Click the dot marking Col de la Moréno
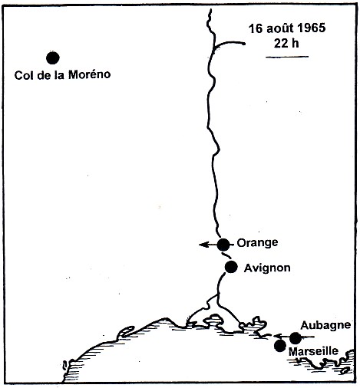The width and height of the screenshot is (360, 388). click(52, 57)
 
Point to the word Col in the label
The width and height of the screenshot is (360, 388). click(24, 75)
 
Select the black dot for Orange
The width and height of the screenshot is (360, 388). click(223, 245)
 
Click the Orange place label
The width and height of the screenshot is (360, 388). click(256, 242)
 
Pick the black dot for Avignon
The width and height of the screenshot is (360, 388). click(231, 267)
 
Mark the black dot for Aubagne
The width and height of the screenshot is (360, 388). click(296, 337)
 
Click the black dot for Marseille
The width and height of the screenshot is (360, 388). click(280, 346)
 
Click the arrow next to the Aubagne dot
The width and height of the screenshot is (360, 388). click(279, 337)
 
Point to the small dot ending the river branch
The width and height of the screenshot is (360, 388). click(243, 44)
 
